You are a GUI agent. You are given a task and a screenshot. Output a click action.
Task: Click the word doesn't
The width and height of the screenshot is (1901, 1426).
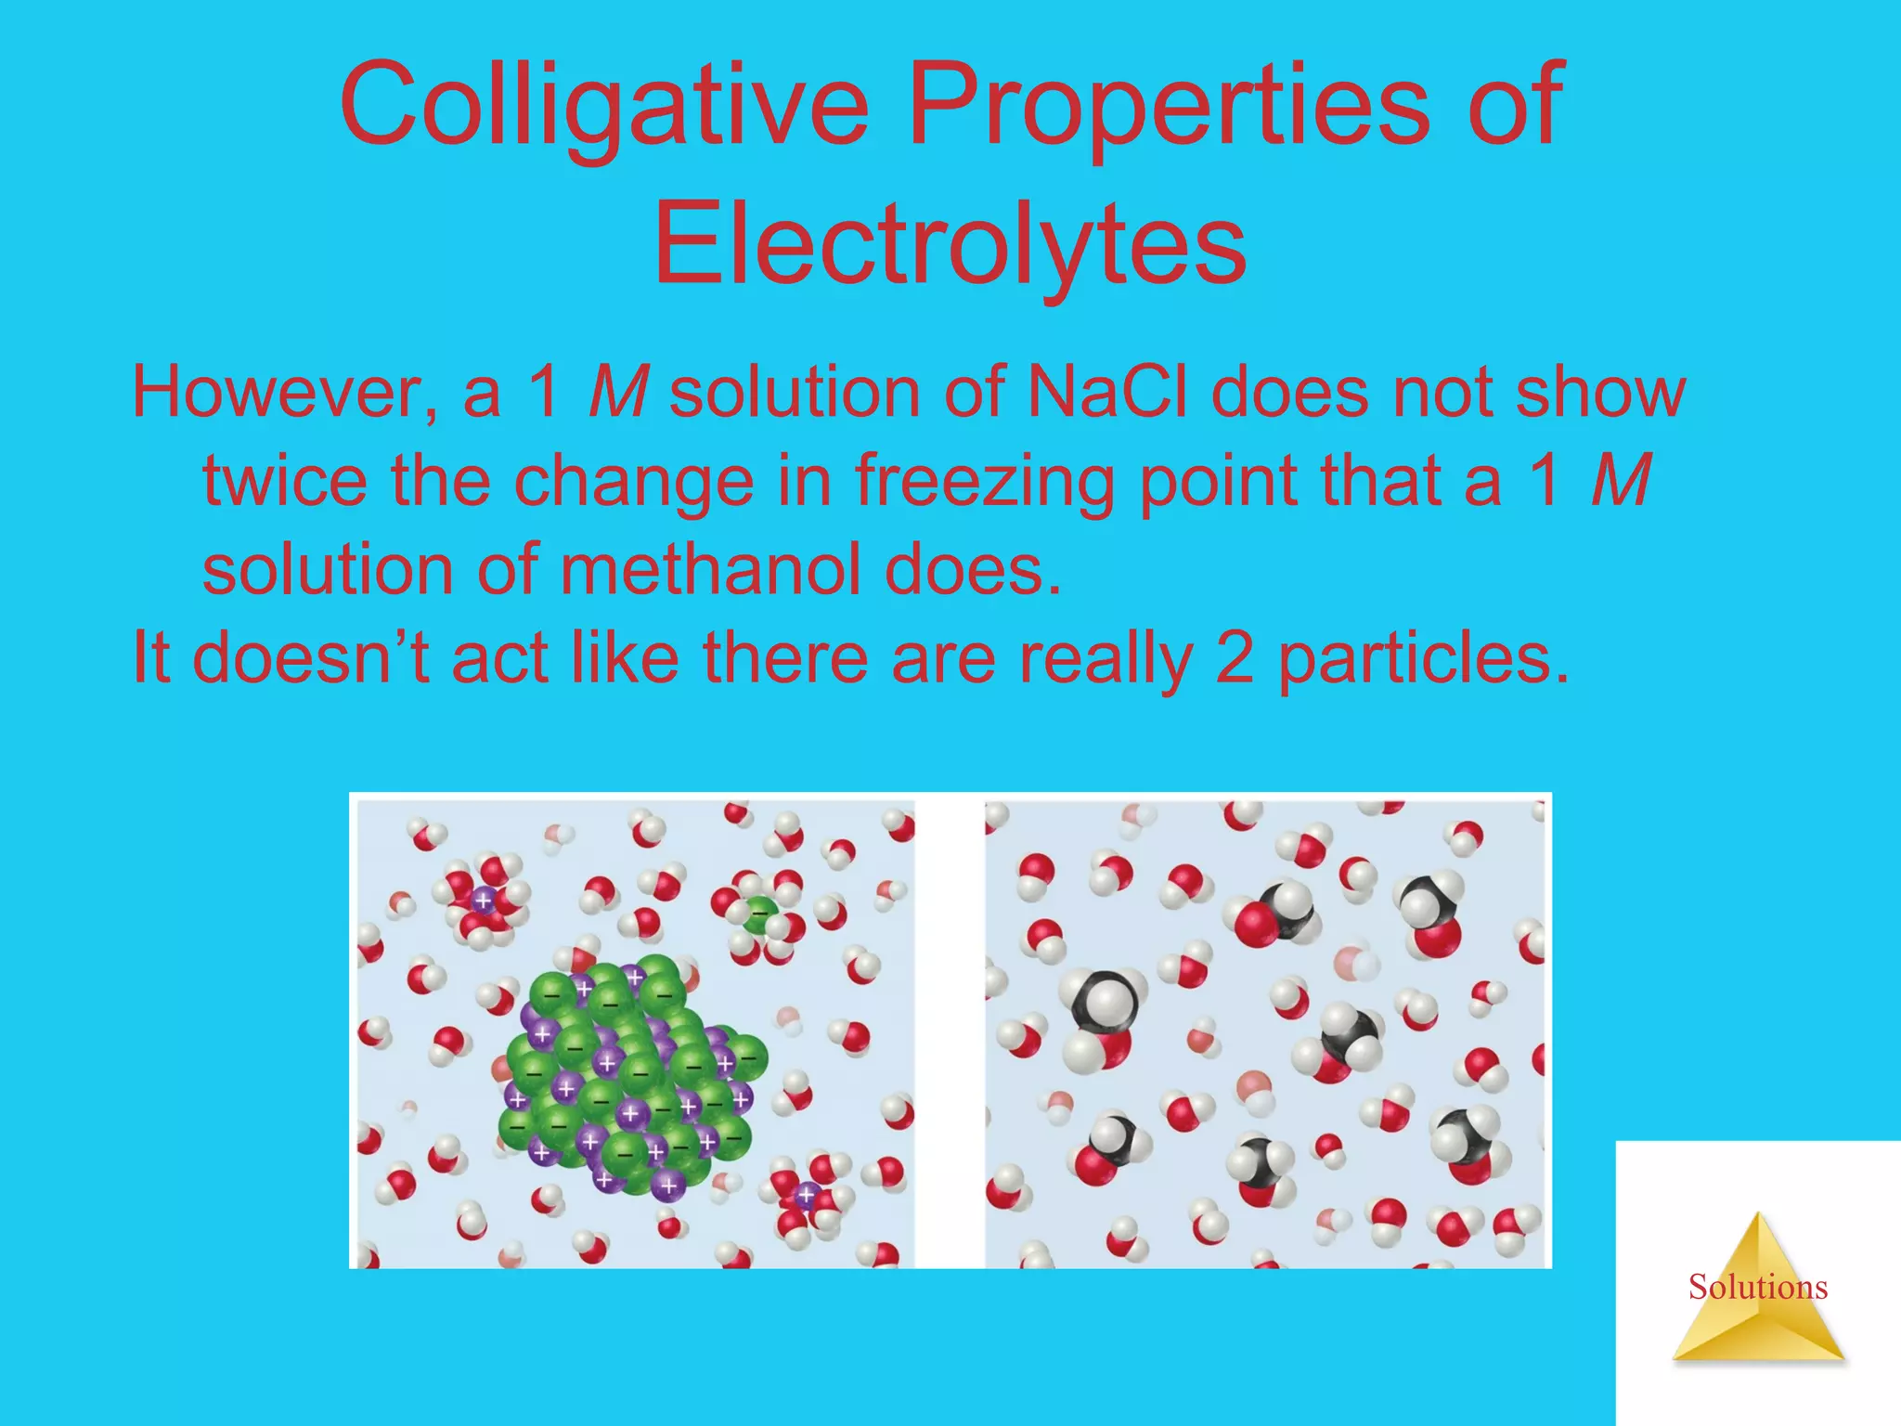tap(310, 657)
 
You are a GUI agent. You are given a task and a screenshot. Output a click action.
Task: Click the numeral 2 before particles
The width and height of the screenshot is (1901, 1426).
tap(1235, 657)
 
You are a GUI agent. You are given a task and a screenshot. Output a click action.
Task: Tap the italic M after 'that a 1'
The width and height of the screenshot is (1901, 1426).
tap(1621, 480)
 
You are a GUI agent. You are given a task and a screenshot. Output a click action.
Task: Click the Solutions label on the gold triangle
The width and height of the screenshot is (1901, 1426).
tap(1757, 1287)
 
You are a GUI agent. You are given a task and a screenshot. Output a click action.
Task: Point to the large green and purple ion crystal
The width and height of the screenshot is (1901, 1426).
tap(631, 1077)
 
